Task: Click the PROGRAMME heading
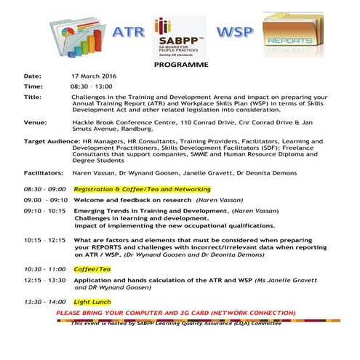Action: click(181, 65)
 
